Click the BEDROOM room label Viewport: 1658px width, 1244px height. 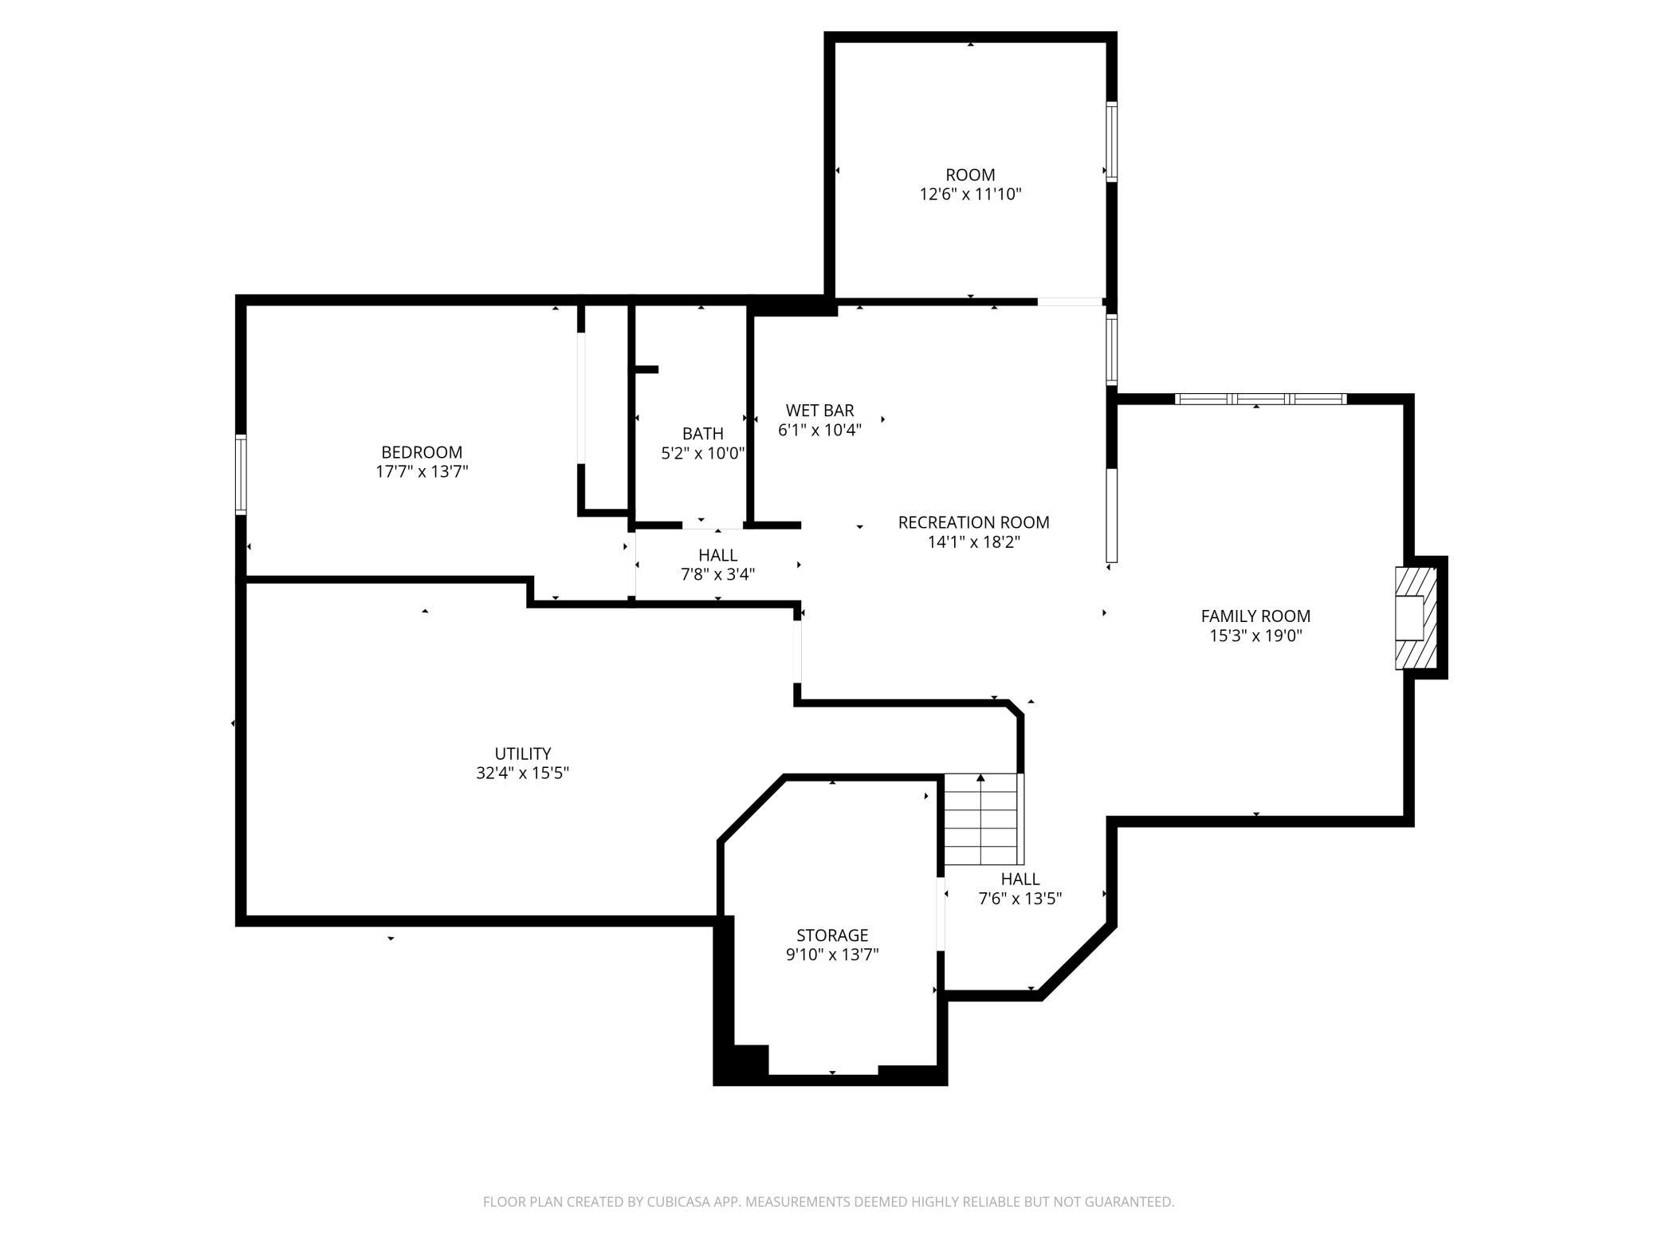[x=422, y=452]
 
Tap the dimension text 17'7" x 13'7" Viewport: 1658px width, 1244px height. [x=422, y=471]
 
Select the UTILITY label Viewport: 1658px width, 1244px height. [x=523, y=754]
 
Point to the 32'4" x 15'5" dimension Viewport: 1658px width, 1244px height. [x=523, y=773]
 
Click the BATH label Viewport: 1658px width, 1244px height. [x=703, y=434]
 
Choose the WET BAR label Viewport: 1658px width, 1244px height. [x=819, y=411]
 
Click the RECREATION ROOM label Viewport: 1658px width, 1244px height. [x=973, y=522]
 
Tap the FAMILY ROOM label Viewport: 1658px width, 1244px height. [x=1255, y=616]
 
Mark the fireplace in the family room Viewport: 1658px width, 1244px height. [x=1416, y=618]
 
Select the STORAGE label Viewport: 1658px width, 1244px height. [x=832, y=935]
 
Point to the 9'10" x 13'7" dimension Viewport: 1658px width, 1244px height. [x=832, y=955]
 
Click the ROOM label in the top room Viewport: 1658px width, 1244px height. [x=970, y=175]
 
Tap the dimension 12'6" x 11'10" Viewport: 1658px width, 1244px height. [x=970, y=194]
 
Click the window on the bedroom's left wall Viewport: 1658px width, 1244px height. [x=241, y=474]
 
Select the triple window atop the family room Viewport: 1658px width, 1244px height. [x=1261, y=399]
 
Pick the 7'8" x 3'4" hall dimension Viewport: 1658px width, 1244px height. [x=717, y=574]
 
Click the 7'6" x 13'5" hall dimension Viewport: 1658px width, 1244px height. [x=1020, y=898]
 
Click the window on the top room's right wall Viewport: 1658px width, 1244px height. [x=1111, y=142]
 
